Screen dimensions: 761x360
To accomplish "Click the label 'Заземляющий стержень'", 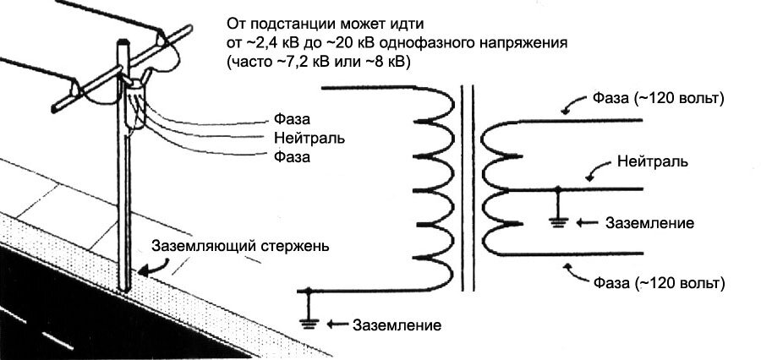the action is pyautogui.click(x=240, y=246).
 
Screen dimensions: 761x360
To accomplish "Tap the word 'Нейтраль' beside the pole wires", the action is pyautogui.click(x=309, y=138).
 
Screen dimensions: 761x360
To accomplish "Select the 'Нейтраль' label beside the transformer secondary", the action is pyautogui.click(x=652, y=161).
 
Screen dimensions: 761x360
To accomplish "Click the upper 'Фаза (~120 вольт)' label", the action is pyautogui.click(x=659, y=99).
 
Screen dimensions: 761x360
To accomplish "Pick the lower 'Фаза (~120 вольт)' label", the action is pyautogui.click(x=659, y=282).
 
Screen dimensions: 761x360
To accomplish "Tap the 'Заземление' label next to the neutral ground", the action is pyautogui.click(x=650, y=223).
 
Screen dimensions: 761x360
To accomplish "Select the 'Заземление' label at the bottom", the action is pyautogui.click(x=397, y=325).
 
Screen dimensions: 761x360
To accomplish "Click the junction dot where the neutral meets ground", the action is pyautogui.click(x=558, y=188).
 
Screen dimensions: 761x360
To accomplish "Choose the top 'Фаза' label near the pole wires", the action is pyautogui.click(x=292, y=119).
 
